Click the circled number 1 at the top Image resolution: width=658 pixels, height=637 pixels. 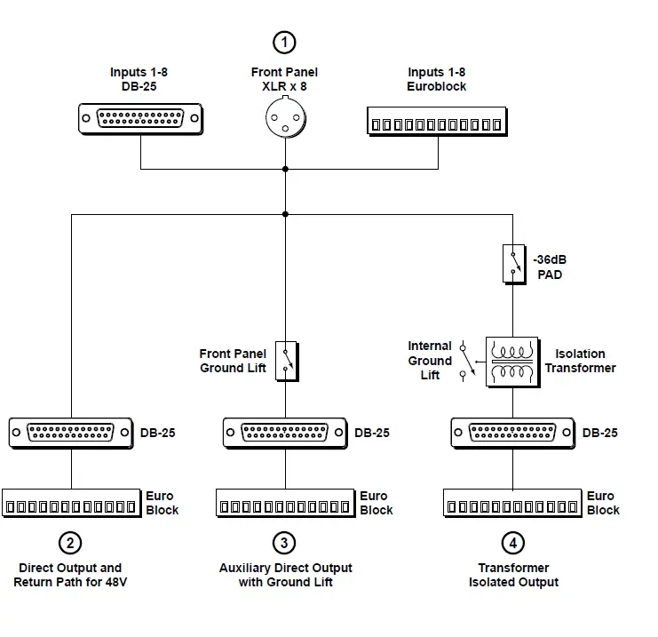tap(284, 41)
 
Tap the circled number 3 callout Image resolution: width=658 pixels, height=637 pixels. tap(284, 542)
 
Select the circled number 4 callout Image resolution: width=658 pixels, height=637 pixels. tap(512, 542)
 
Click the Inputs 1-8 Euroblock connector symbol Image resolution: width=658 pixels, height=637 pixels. tap(437, 123)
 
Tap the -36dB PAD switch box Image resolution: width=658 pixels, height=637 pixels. tap(513, 264)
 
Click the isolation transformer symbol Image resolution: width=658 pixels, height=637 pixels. tap(511, 362)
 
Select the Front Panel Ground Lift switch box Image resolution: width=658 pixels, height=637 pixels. tap(285, 360)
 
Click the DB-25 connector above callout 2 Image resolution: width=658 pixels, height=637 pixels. tap(70, 433)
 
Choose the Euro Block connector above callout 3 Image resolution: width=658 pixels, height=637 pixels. tap(285, 504)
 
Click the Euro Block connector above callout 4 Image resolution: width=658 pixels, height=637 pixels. tap(512, 504)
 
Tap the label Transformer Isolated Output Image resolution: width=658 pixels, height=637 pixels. tap(513, 575)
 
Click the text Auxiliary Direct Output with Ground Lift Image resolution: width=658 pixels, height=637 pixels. tap(285, 575)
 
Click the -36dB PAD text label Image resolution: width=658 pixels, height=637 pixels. tap(550, 267)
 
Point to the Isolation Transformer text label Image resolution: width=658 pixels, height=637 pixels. tap(580, 361)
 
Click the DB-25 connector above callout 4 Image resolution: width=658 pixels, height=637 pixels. tap(512, 433)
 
